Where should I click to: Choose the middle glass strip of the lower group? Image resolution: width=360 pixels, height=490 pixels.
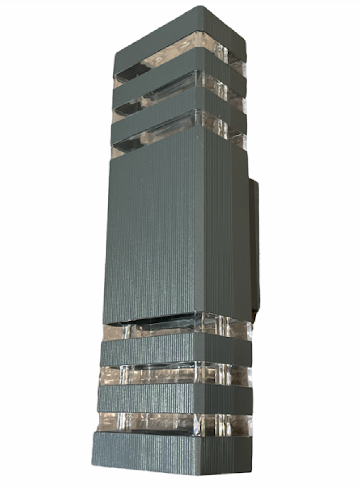point(166,374)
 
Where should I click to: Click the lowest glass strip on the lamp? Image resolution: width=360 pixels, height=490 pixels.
point(166,422)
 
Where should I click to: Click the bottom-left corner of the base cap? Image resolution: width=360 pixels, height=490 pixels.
point(94,463)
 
